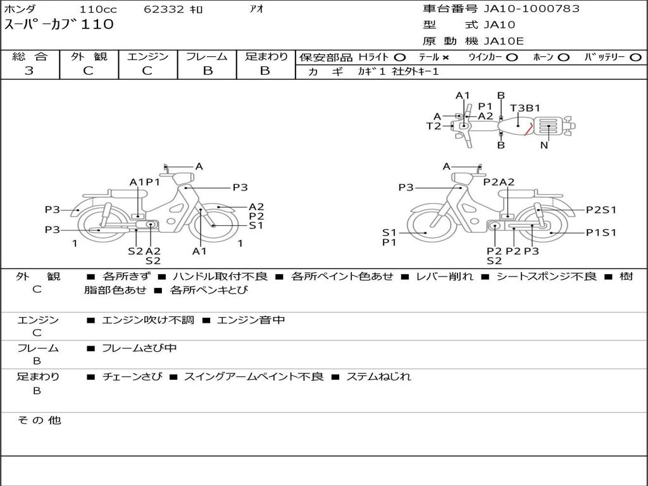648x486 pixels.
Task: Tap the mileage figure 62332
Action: pyautogui.click(x=164, y=9)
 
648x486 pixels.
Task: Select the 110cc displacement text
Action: pyautogui.click(x=98, y=9)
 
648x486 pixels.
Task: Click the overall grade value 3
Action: pyautogui.click(x=29, y=71)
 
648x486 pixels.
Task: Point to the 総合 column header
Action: pyautogui.click(x=30, y=56)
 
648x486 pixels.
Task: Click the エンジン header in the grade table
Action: pyautogui.click(x=147, y=56)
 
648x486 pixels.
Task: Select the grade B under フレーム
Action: pyautogui.click(x=208, y=71)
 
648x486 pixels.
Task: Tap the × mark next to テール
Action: pyautogui.click(x=445, y=58)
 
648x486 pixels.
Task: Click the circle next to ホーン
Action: pyautogui.click(x=563, y=58)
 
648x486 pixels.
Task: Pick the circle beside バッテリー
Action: pyautogui.click(x=635, y=58)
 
